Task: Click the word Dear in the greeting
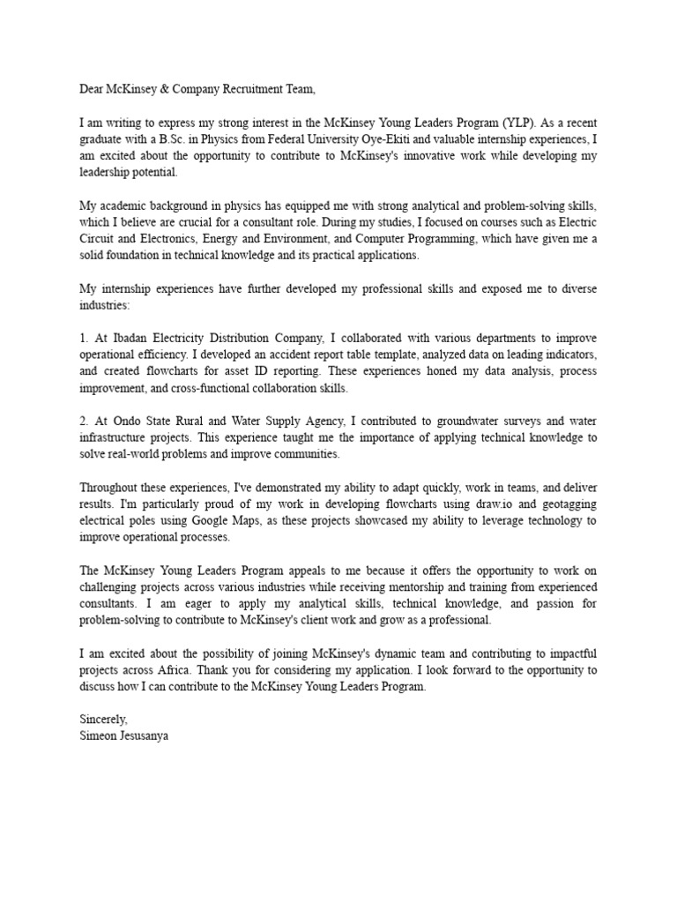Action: tap(93, 89)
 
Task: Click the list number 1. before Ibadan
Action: tap(85, 337)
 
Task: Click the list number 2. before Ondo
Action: tap(85, 420)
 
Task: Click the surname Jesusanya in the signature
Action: tap(144, 735)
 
